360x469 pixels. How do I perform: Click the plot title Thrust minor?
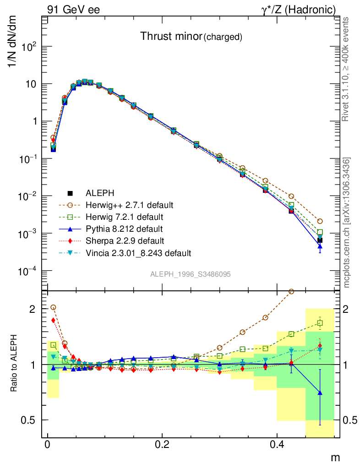coord(170,37)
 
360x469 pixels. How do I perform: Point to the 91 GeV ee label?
coord(73,9)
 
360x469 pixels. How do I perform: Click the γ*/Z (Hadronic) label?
coord(298,9)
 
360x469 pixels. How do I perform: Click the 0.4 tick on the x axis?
coord(277,445)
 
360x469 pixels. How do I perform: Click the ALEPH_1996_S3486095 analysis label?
coord(190,274)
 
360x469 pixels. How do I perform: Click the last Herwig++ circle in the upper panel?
coord(320,221)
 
